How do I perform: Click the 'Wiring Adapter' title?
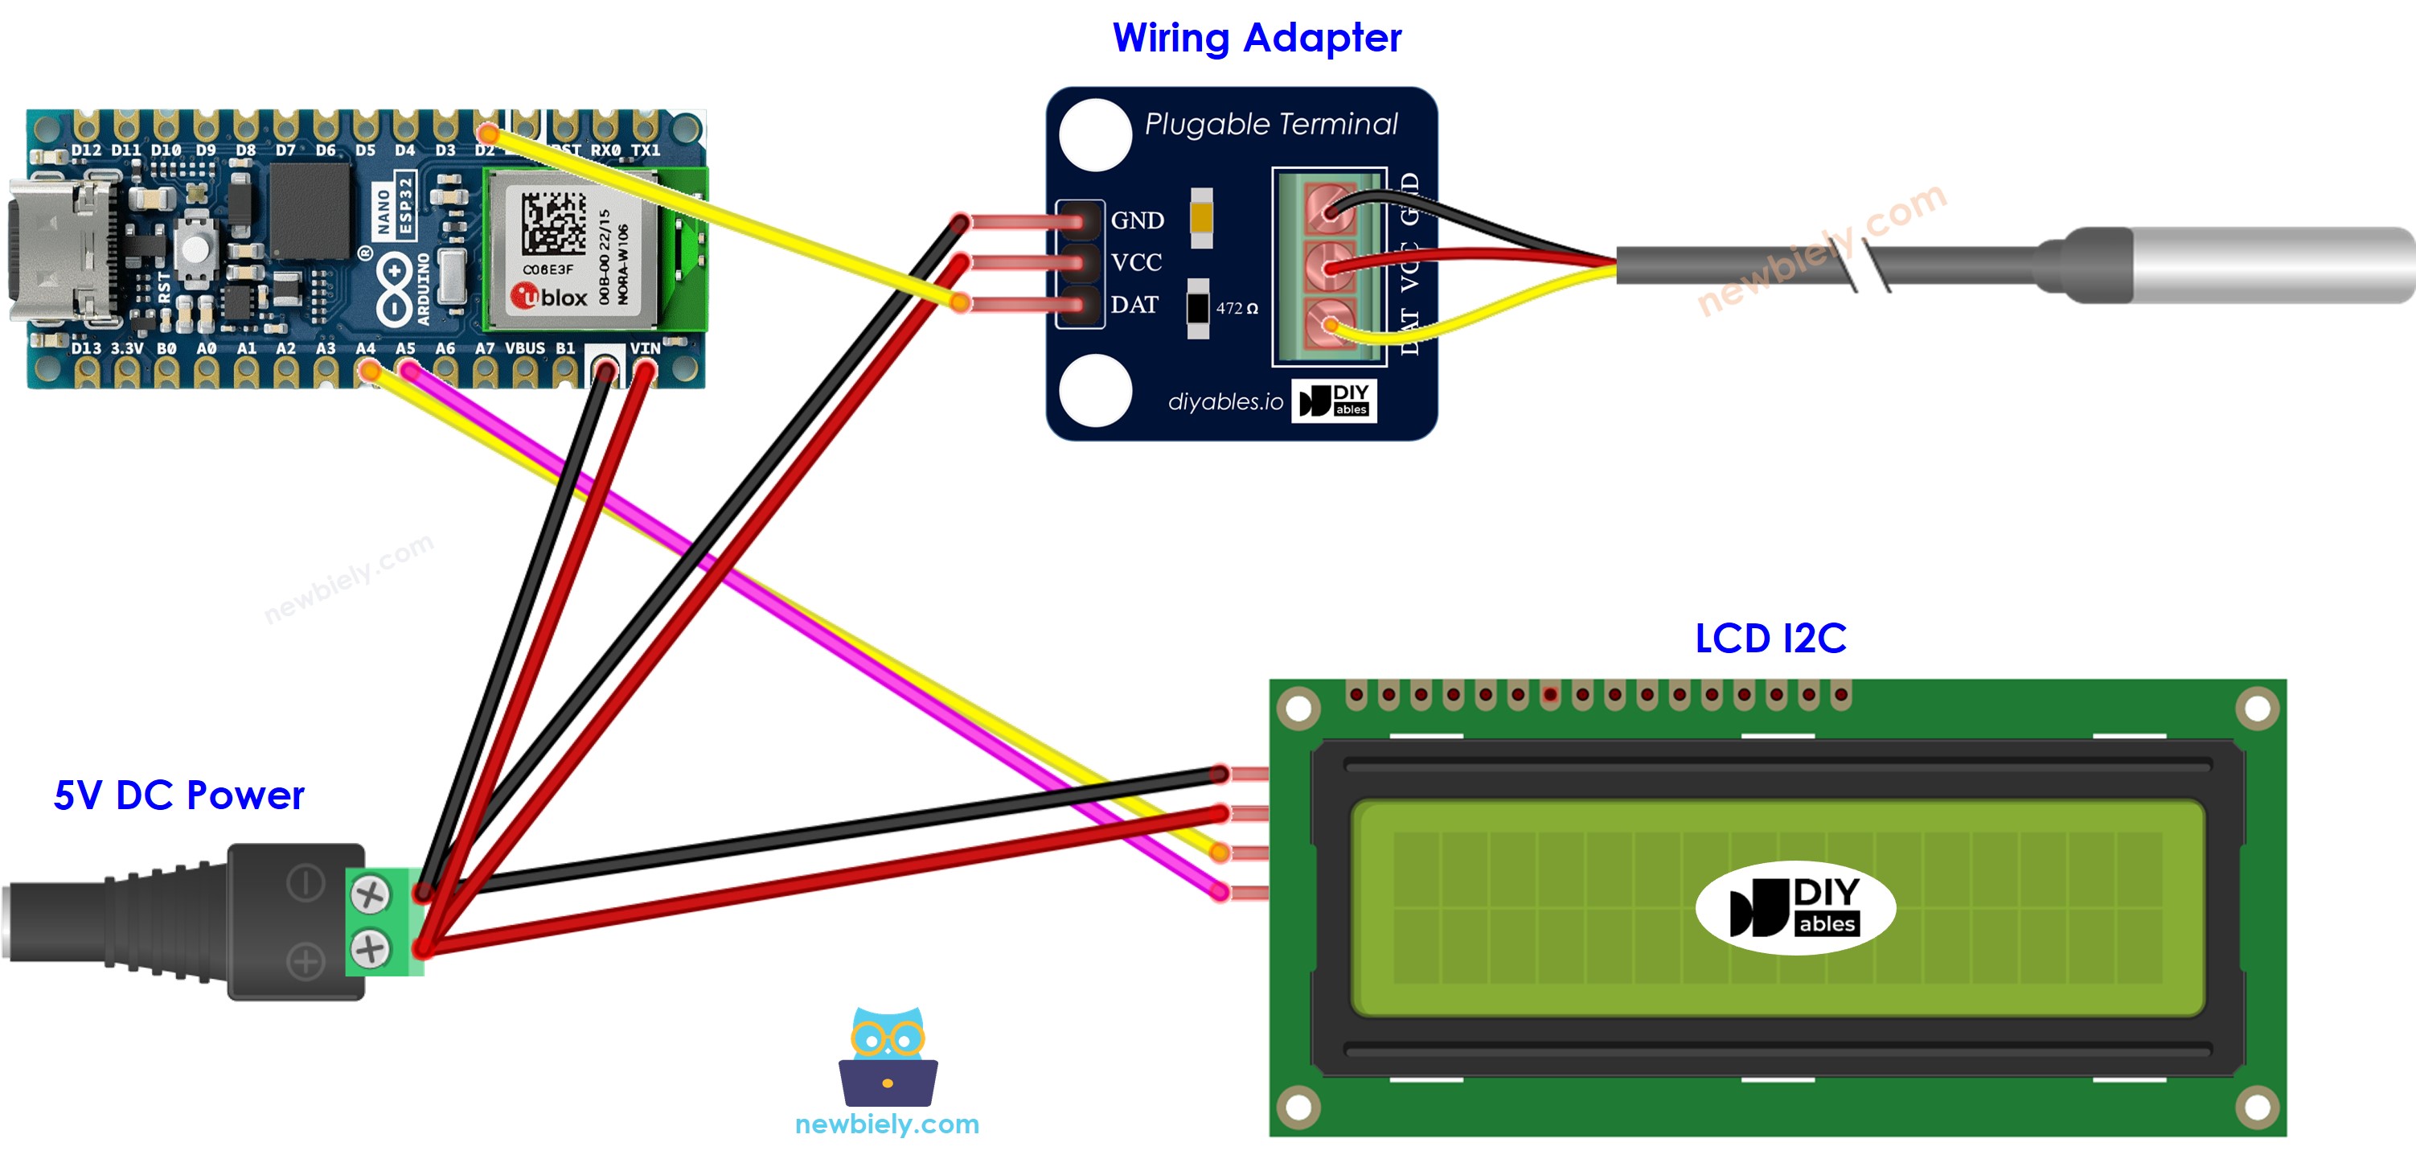[1256, 39]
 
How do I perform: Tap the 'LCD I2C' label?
[1770, 639]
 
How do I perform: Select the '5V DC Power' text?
[179, 795]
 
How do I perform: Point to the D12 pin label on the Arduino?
[85, 150]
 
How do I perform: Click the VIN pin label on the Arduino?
[646, 348]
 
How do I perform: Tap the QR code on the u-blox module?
[553, 222]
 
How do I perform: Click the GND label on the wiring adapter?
[1137, 220]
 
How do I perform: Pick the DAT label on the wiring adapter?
[1134, 305]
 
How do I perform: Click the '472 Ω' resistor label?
[1236, 309]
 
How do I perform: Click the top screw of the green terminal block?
[1329, 209]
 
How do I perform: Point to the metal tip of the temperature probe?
[2270, 265]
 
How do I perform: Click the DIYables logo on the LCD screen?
[1795, 906]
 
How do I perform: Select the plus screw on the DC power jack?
[371, 947]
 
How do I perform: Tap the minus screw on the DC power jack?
[371, 894]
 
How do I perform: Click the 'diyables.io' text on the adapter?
[1224, 401]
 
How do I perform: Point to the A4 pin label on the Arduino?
[365, 348]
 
